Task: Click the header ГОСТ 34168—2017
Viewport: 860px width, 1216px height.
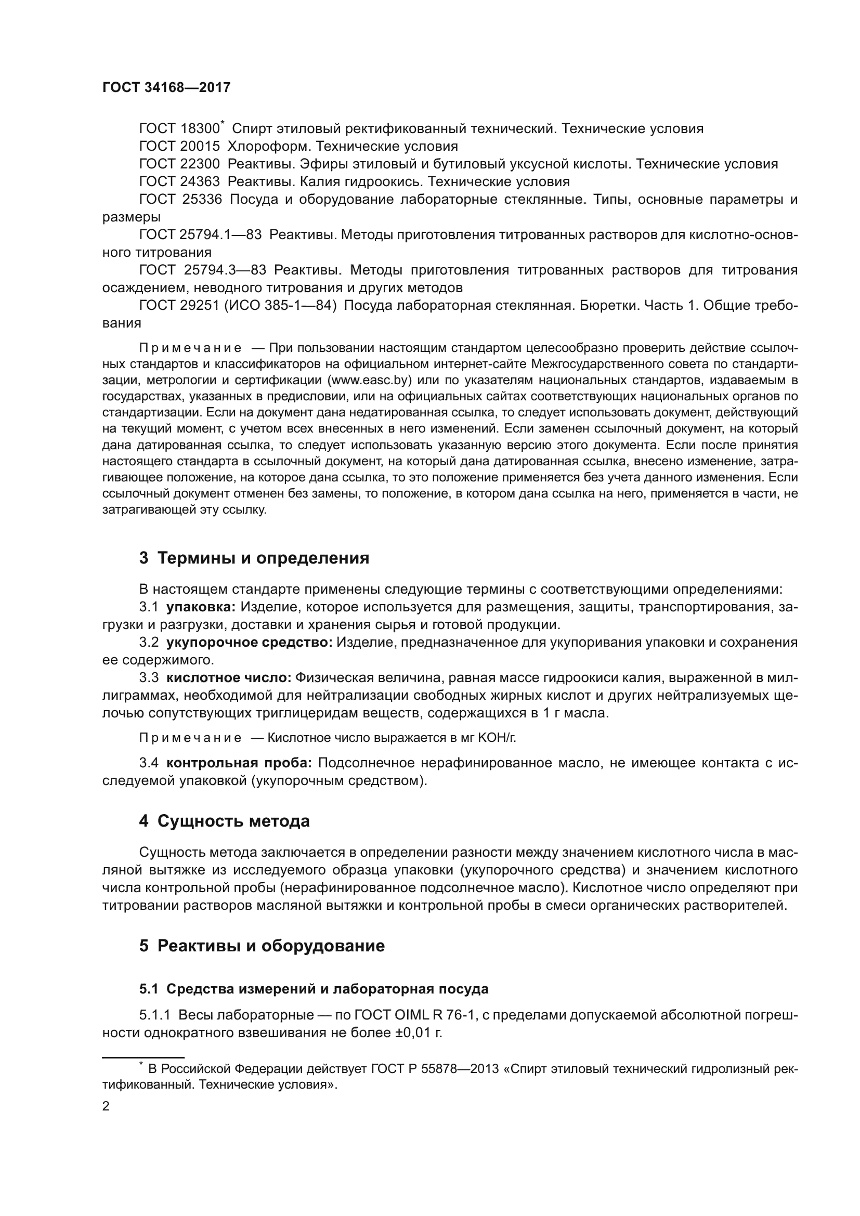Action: tap(166, 88)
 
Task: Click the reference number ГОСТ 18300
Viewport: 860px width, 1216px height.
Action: tap(179, 129)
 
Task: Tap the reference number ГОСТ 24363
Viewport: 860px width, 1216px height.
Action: tap(179, 181)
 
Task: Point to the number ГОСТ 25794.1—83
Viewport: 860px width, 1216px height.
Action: tap(200, 234)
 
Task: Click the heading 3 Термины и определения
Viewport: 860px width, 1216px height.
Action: tap(254, 558)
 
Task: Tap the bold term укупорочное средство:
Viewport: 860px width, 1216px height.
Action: tap(250, 643)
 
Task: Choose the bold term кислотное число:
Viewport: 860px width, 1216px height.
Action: tap(229, 678)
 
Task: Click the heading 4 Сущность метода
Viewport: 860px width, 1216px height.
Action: tap(224, 821)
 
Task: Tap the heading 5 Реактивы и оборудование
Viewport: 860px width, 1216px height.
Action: tap(262, 946)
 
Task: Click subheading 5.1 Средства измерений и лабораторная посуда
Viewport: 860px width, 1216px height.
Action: tap(314, 989)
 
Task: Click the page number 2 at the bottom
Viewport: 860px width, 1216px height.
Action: tap(106, 1106)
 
